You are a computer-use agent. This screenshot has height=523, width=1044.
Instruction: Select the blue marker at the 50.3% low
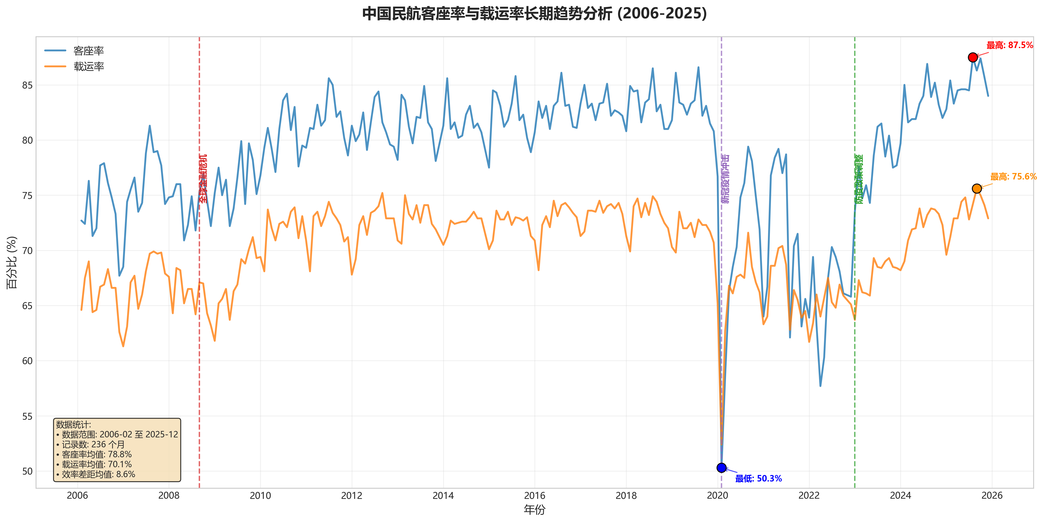pyautogui.click(x=721, y=468)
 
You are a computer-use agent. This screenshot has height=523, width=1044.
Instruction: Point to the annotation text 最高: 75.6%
pyautogui.click(x=1013, y=177)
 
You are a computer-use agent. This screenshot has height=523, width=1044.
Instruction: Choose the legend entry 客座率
pyautogui.click(x=88, y=51)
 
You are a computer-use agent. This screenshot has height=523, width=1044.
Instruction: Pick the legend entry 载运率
pyautogui.click(x=88, y=67)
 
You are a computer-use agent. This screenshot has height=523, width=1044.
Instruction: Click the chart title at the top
pyautogui.click(x=534, y=14)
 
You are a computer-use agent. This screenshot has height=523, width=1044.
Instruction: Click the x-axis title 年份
pyautogui.click(x=534, y=510)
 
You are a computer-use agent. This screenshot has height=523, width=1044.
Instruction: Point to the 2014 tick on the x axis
pyautogui.click(x=443, y=495)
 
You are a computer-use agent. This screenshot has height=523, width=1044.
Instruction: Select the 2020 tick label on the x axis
pyautogui.click(x=717, y=495)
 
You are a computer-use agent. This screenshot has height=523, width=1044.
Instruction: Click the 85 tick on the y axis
pyautogui.click(x=27, y=85)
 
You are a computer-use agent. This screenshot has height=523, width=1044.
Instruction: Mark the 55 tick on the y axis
pyautogui.click(x=27, y=416)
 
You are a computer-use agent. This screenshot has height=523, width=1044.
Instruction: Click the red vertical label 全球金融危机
pyautogui.click(x=203, y=179)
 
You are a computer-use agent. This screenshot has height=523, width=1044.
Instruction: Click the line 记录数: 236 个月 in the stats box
pyautogui.click(x=93, y=444)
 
